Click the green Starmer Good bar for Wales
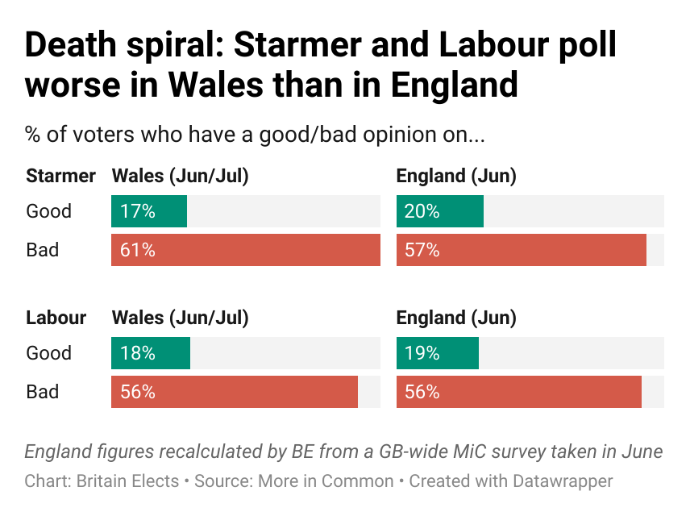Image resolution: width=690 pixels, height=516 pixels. point(149,211)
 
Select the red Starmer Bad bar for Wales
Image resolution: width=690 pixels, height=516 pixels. point(246,250)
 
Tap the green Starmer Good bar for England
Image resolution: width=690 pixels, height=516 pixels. point(440,211)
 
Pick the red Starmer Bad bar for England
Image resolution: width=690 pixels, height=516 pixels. point(522,250)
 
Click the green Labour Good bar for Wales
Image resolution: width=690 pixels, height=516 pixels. point(151,353)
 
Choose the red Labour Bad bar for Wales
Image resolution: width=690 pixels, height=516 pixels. point(235,392)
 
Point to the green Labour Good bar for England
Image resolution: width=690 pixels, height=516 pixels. point(438,353)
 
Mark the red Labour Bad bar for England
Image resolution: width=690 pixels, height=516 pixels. point(519,392)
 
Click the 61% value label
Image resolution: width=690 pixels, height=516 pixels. point(137,250)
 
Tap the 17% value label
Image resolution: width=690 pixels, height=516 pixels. point(137,211)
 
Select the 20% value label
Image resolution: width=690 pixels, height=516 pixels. point(422,211)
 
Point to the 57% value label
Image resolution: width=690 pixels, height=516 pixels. point(422,250)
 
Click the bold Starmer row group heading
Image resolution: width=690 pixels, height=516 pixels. point(61,176)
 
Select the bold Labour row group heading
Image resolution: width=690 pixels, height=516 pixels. point(56,318)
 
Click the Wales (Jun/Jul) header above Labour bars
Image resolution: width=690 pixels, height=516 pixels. point(180,318)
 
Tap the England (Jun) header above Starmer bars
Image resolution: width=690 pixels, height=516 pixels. point(456,176)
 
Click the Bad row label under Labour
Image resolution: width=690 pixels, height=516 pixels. point(43,392)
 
